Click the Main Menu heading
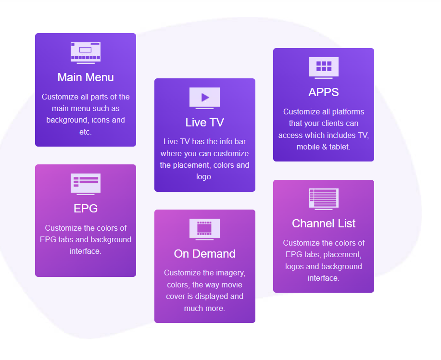tap(86, 77)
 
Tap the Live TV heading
tap(204, 123)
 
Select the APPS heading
tap(324, 92)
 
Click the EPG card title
tap(86, 209)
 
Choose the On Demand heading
tap(204, 254)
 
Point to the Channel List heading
tap(324, 223)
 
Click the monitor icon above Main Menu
tap(86, 52)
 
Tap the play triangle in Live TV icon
tap(205, 97)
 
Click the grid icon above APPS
tap(324, 66)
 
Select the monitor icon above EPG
tap(86, 183)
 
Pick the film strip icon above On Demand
tap(204, 228)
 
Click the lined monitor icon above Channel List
tap(324, 198)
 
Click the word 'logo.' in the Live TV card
tap(205, 177)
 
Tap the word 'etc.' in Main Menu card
tap(85, 132)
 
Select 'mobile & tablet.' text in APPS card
tap(324, 147)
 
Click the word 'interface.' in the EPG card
tap(86, 251)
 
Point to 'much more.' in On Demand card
tap(204, 308)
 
